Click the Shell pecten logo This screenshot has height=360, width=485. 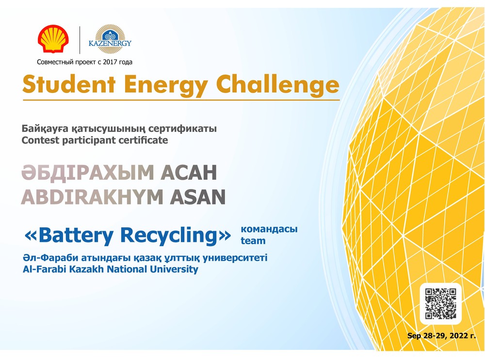click(x=53, y=39)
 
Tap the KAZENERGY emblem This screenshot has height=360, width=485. click(x=110, y=39)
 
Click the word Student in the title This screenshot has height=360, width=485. click(x=69, y=84)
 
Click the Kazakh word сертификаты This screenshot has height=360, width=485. click(x=182, y=128)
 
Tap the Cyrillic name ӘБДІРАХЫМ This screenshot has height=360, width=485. click(x=87, y=172)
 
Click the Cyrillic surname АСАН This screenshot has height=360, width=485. click(x=189, y=172)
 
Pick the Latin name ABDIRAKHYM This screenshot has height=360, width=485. click(x=92, y=197)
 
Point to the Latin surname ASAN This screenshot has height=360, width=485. click(x=198, y=197)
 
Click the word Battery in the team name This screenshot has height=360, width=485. click(x=76, y=236)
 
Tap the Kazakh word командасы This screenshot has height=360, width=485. click(x=269, y=229)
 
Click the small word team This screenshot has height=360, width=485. click(x=253, y=241)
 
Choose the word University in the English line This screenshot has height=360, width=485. click(x=174, y=269)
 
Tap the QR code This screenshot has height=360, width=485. click(x=440, y=303)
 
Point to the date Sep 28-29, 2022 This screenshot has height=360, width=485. click(x=441, y=336)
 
